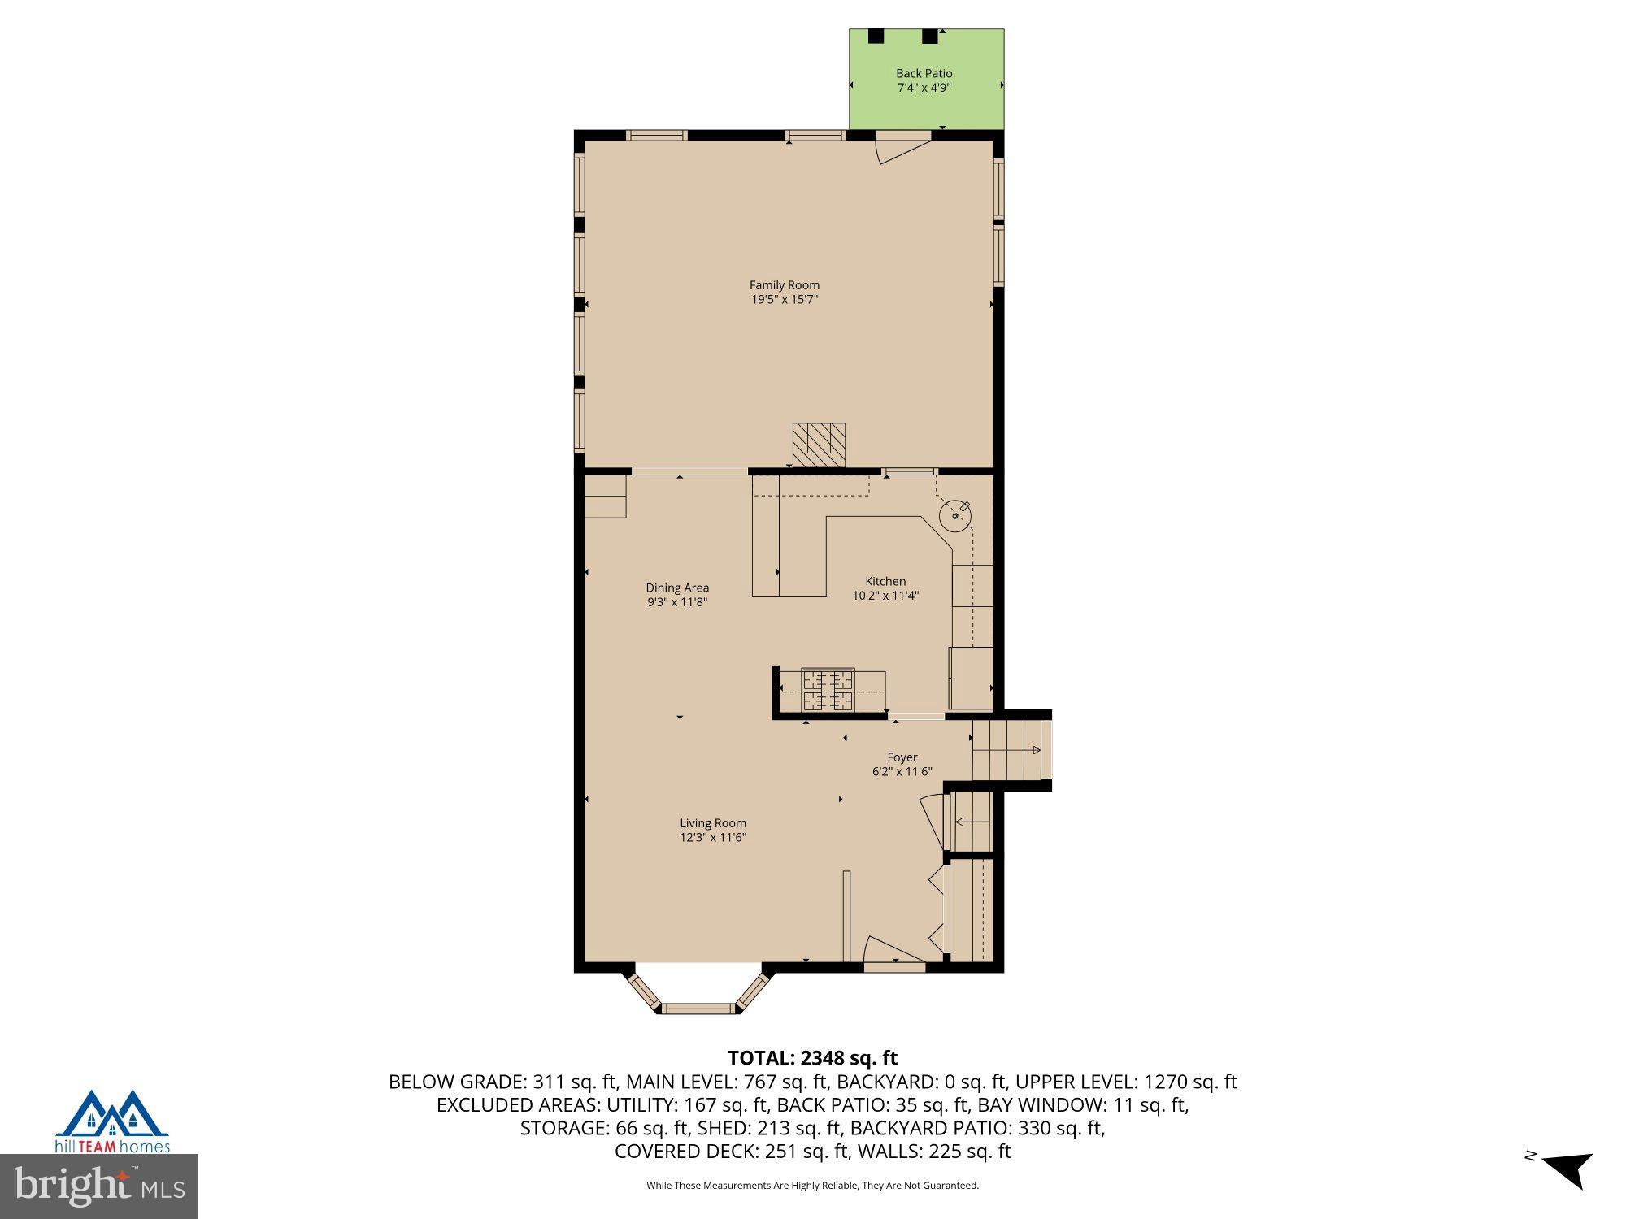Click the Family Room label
pos(784,285)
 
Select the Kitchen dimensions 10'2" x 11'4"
pos(885,596)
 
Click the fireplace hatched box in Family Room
pos(819,445)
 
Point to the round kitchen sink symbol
pos(954,515)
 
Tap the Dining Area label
pos(677,588)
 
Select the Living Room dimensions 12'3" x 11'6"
pos(713,838)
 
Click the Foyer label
pos(902,757)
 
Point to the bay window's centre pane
pos(698,1009)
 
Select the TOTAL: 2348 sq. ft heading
pos(812,1058)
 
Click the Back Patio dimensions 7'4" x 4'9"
pos(924,88)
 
